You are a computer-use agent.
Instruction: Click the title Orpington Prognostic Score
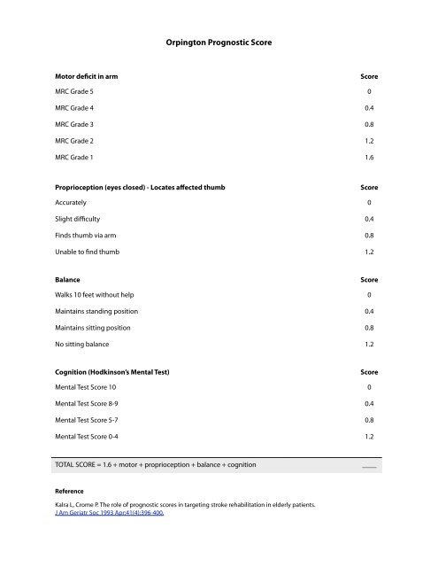click(x=219, y=41)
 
